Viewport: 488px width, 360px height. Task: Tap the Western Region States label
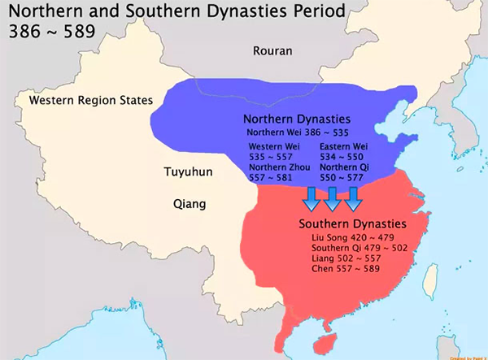click(x=90, y=100)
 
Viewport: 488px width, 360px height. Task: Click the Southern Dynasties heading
click(x=352, y=223)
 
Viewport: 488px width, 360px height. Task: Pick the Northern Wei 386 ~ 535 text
click(x=298, y=131)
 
